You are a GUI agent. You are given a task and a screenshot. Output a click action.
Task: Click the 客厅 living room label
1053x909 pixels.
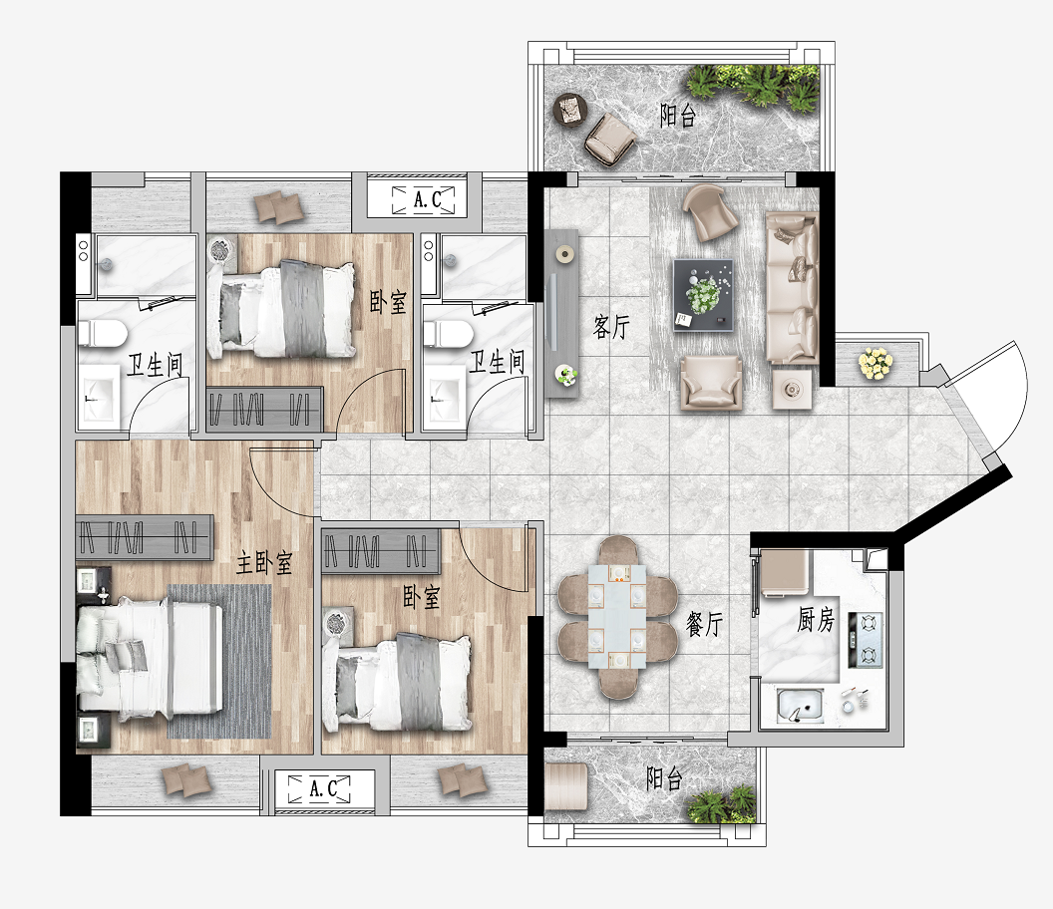(x=611, y=327)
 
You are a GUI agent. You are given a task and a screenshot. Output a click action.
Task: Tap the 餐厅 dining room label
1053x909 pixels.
(x=704, y=624)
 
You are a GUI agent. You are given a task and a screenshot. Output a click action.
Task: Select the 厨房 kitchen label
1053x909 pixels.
(x=816, y=620)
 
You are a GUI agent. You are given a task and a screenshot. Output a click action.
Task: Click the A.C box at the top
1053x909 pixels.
(x=424, y=199)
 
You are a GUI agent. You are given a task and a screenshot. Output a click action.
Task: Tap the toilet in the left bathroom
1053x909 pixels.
(x=102, y=334)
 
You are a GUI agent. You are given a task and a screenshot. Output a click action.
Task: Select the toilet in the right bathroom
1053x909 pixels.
(x=448, y=334)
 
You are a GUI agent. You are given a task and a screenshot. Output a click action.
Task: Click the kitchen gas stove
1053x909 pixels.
(x=866, y=640)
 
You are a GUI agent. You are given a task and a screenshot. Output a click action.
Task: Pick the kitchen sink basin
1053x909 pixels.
(x=800, y=705)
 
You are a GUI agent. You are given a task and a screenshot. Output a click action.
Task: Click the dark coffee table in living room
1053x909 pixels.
(x=703, y=295)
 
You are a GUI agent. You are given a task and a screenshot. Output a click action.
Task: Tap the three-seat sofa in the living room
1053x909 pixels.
(x=793, y=288)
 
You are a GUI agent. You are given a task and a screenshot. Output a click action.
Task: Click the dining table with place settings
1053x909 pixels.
(x=617, y=617)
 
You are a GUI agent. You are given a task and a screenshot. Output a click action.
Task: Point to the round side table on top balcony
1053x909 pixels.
(x=569, y=110)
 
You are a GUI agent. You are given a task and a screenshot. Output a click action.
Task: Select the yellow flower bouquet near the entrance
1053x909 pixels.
(x=876, y=363)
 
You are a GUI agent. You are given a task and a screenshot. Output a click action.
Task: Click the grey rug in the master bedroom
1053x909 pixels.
(x=219, y=661)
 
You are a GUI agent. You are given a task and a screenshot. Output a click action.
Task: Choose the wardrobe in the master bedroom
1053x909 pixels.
(x=145, y=537)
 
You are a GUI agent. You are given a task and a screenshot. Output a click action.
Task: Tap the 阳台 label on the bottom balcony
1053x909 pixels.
(x=664, y=778)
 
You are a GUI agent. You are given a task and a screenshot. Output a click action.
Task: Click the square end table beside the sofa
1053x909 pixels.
(x=791, y=389)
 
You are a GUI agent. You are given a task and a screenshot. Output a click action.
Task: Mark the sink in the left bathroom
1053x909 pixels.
(x=101, y=398)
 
